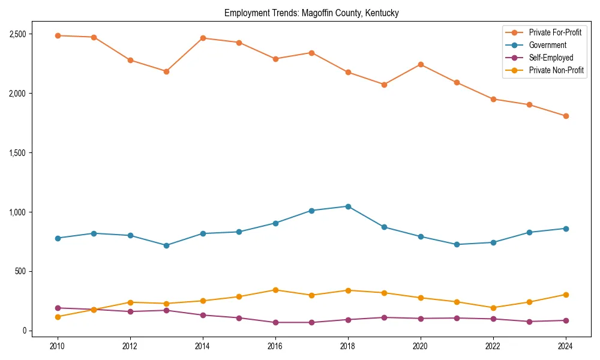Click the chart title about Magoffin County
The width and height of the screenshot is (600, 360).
(x=311, y=13)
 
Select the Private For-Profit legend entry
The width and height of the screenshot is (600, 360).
(x=555, y=32)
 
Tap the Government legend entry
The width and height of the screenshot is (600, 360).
(x=547, y=45)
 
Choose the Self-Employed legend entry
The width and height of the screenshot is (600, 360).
(x=551, y=58)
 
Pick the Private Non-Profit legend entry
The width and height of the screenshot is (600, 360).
(x=556, y=70)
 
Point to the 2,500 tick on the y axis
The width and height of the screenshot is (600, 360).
(x=17, y=34)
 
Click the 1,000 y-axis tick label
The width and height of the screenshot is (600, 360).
(x=17, y=212)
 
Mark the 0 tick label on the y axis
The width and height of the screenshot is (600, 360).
(x=24, y=331)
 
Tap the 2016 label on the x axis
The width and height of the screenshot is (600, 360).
(x=275, y=346)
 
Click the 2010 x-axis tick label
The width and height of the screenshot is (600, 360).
(x=58, y=346)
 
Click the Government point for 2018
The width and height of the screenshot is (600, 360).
(x=348, y=206)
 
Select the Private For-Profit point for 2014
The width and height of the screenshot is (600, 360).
(x=203, y=38)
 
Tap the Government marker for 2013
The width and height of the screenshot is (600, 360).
(x=166, y=245)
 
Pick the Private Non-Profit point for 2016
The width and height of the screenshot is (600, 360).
(x=275, y=290)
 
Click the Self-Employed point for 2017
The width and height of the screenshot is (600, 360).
(x=311, y=322)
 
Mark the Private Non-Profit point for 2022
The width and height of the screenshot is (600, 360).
(x=493, y=308)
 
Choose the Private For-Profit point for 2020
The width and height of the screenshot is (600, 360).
(x=421, y=64)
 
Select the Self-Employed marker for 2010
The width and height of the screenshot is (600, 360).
(x=58, y=308)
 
